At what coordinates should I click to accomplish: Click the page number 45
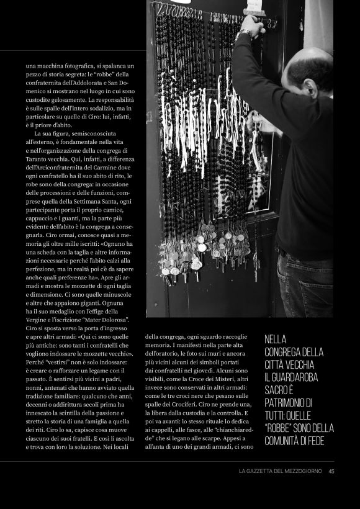[x=331, y=471]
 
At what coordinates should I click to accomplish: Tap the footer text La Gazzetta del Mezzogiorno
[x=280, y=471]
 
